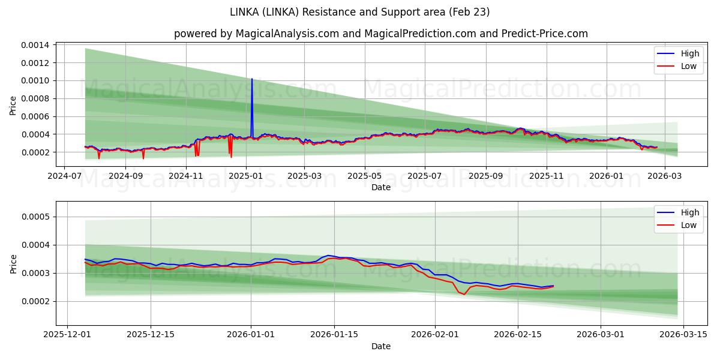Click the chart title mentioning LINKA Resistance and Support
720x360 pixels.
click(x=360, y=12)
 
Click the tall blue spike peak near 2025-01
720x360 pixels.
click(x=252, y=79)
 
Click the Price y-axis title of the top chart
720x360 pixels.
click(x=13, y=106)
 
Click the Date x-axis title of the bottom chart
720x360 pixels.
click(x=381, y=346)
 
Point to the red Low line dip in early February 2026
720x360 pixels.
click(x=464, y=294)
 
